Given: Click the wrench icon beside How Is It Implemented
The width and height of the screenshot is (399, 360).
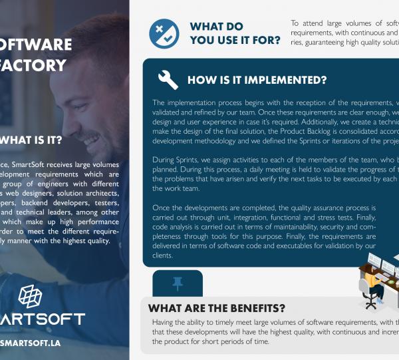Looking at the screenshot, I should (167, 80).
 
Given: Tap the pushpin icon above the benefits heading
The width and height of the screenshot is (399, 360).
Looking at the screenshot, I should (176, 284).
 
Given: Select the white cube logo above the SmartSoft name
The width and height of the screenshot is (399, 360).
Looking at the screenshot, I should (31, 297).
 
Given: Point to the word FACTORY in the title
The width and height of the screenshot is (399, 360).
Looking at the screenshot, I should (33, 65).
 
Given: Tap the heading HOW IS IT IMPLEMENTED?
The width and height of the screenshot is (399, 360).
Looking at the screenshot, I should (257, 81).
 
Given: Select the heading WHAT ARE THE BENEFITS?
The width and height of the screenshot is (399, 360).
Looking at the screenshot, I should (216, 308).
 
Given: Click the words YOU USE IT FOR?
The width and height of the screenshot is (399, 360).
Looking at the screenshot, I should (235, 40).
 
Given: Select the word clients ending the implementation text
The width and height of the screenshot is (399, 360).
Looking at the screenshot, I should (163, 255).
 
